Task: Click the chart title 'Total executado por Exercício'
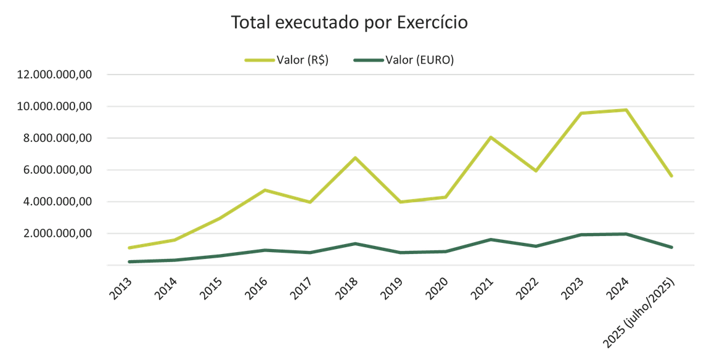(350, 23)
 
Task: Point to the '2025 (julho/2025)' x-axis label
(641, 311)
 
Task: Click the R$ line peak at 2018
(355, 158)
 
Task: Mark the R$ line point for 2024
(626, 110)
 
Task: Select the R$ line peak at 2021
(491, 137)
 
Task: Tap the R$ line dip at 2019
(401, 202)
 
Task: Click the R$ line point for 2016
(265, 190)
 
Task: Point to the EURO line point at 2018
(355, 243)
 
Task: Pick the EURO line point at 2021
(491, 239)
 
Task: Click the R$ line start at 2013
(129, 248)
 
